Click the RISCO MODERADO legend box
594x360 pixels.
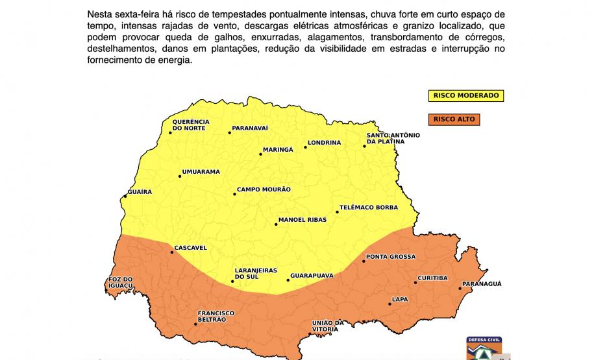coord(465,95)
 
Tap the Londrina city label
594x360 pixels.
coord(324,143)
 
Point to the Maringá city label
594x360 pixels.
coord(278,150)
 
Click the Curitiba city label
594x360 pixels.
coord(432,278)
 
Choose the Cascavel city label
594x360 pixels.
coord(190,248)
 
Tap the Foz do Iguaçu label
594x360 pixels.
coord(119,283)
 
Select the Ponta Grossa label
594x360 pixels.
coord(391,257)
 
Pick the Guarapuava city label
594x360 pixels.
coord(312,276)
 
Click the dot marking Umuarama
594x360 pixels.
coord(180,176)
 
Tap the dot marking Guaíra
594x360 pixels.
coord(125,197)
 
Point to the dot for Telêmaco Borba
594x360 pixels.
coord(338,211)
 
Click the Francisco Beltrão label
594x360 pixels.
coord(216,317)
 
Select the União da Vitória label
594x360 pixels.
coord(327,326)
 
